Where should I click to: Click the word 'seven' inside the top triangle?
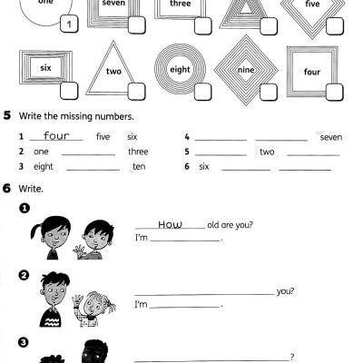(113, 5)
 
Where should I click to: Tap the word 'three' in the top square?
(180, 5)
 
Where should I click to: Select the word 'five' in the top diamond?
(312, 5)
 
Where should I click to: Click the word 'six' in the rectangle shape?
(44, 67)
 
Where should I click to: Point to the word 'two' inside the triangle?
(113, 72)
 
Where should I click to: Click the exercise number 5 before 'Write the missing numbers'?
(7, 116)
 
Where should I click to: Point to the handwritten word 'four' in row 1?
(56, 136)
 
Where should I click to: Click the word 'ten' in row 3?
(139, 167)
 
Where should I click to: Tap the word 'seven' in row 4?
(330, 137)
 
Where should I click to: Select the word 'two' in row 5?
(267, 152)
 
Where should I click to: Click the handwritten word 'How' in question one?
(171, 224)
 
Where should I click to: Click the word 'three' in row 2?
(138, 152)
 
